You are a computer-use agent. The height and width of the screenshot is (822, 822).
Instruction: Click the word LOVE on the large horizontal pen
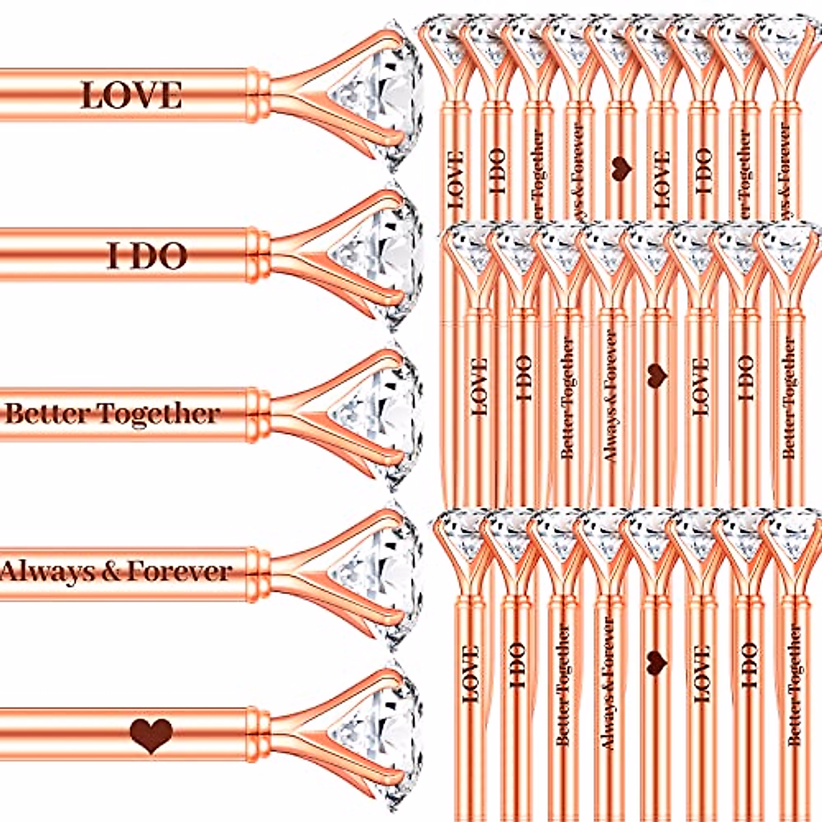(x=131, y=95)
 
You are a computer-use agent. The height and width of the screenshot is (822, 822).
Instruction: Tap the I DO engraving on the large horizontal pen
(x=147, y=256)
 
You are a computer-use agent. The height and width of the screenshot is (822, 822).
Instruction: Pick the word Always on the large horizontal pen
(x=48, y=571)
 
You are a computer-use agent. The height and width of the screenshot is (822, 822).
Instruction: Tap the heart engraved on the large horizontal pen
(x=151, y=735)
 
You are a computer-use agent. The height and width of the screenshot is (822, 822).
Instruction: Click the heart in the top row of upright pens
(x=620, y=168)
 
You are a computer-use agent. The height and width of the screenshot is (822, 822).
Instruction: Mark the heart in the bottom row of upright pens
(x=656, y=660)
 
